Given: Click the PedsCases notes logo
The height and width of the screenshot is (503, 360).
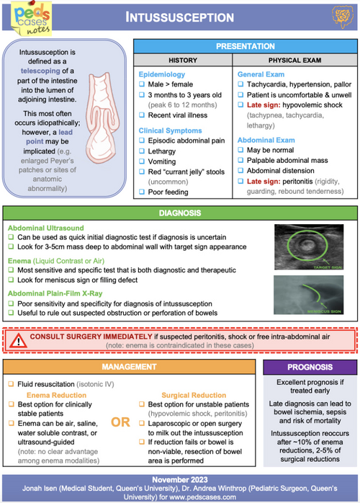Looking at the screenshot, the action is [32, 18].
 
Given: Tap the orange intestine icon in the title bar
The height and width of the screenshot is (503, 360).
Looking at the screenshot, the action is [343, 17].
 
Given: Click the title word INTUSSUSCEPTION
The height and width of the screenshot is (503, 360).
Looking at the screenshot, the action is [179, 17].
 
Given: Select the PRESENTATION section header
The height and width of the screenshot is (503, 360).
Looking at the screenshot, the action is [246, 46].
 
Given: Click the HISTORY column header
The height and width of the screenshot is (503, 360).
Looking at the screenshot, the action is [183, 60].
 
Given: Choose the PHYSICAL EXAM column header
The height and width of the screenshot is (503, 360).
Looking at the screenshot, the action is [294, 60].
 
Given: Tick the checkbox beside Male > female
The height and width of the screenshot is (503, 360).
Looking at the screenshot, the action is [142, 84].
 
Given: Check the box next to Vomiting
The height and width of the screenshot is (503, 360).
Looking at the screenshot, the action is [142, 161].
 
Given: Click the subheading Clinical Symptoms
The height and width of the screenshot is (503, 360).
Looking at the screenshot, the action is [170, 130].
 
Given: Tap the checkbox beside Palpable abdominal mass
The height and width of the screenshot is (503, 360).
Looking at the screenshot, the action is [240, 160].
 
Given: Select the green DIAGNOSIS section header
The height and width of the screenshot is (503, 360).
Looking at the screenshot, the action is [180, 213].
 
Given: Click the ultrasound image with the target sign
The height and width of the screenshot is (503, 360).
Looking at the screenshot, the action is [309, 246].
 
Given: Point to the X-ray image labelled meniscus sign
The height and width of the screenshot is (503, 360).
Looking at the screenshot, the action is [308, 295].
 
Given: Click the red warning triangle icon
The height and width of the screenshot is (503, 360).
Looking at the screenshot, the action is [18, 341].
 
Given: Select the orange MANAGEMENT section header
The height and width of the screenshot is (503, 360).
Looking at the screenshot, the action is [129, 367].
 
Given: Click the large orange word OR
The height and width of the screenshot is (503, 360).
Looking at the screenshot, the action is [120, 422].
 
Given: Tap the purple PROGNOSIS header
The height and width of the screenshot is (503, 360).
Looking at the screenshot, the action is [310, 367].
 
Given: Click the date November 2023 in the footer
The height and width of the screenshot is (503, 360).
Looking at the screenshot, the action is [180, 480].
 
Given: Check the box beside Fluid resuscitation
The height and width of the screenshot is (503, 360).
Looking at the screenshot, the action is [12, 384].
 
